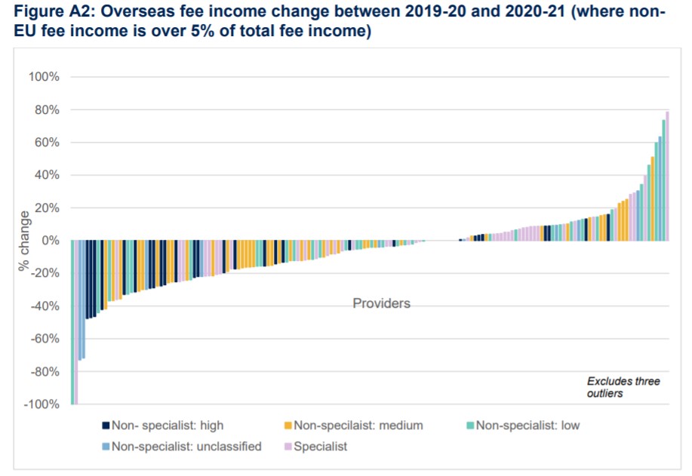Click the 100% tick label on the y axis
(44, 77)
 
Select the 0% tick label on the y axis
(50, 241)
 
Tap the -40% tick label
(45, 306)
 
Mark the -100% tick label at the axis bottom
(42, 404)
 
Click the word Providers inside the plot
(381, 303)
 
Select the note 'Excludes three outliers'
(623, 387)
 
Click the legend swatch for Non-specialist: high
(106, 425)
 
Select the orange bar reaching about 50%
(652, 199)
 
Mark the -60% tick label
(45, 339)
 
